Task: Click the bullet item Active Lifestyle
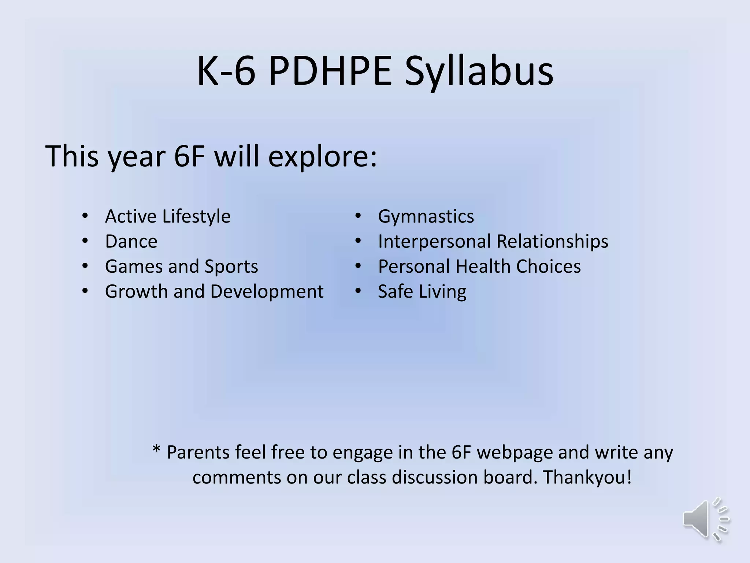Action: pos(168,216)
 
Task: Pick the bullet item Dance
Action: pos(131,242)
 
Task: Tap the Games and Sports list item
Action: pos(181,266)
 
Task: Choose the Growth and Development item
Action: pos(214,292)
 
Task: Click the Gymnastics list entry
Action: pos(426,216)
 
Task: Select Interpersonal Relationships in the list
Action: pos(493,242)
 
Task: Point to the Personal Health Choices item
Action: pos(479,266)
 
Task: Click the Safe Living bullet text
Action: pos(422,292)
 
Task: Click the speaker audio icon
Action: pos(705,519)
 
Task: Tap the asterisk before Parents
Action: pos(156,449)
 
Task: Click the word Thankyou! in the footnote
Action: pos(587,477)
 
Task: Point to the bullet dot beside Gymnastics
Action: pos(358,216)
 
